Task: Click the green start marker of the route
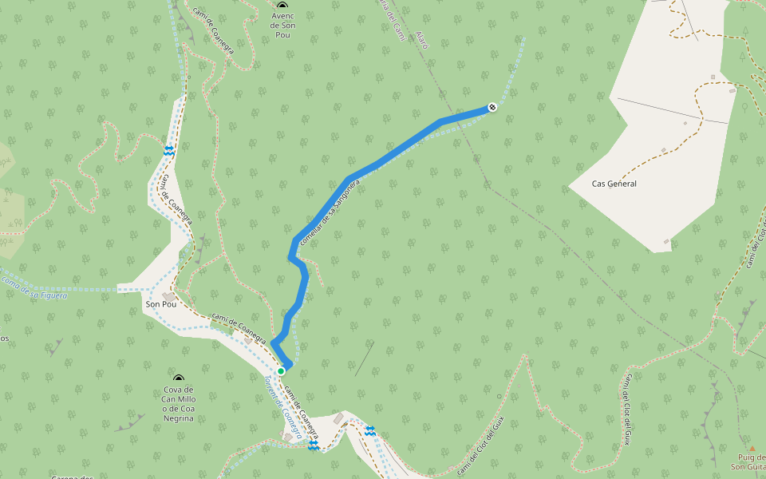[x=281, y=371]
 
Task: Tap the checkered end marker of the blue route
[x=492, y=107]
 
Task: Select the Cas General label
[x=614, y=184]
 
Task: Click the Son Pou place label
[x=160, y=305]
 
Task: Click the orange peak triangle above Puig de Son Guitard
[x=751, y=449]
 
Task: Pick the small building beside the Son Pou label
[x=169, y=296]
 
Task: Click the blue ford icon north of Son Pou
[x=169, y=150]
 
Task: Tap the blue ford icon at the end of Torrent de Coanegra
[x=313, y=445]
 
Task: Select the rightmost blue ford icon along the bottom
[x=370, y=431]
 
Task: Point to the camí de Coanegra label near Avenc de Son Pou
[x=213, y=32]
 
